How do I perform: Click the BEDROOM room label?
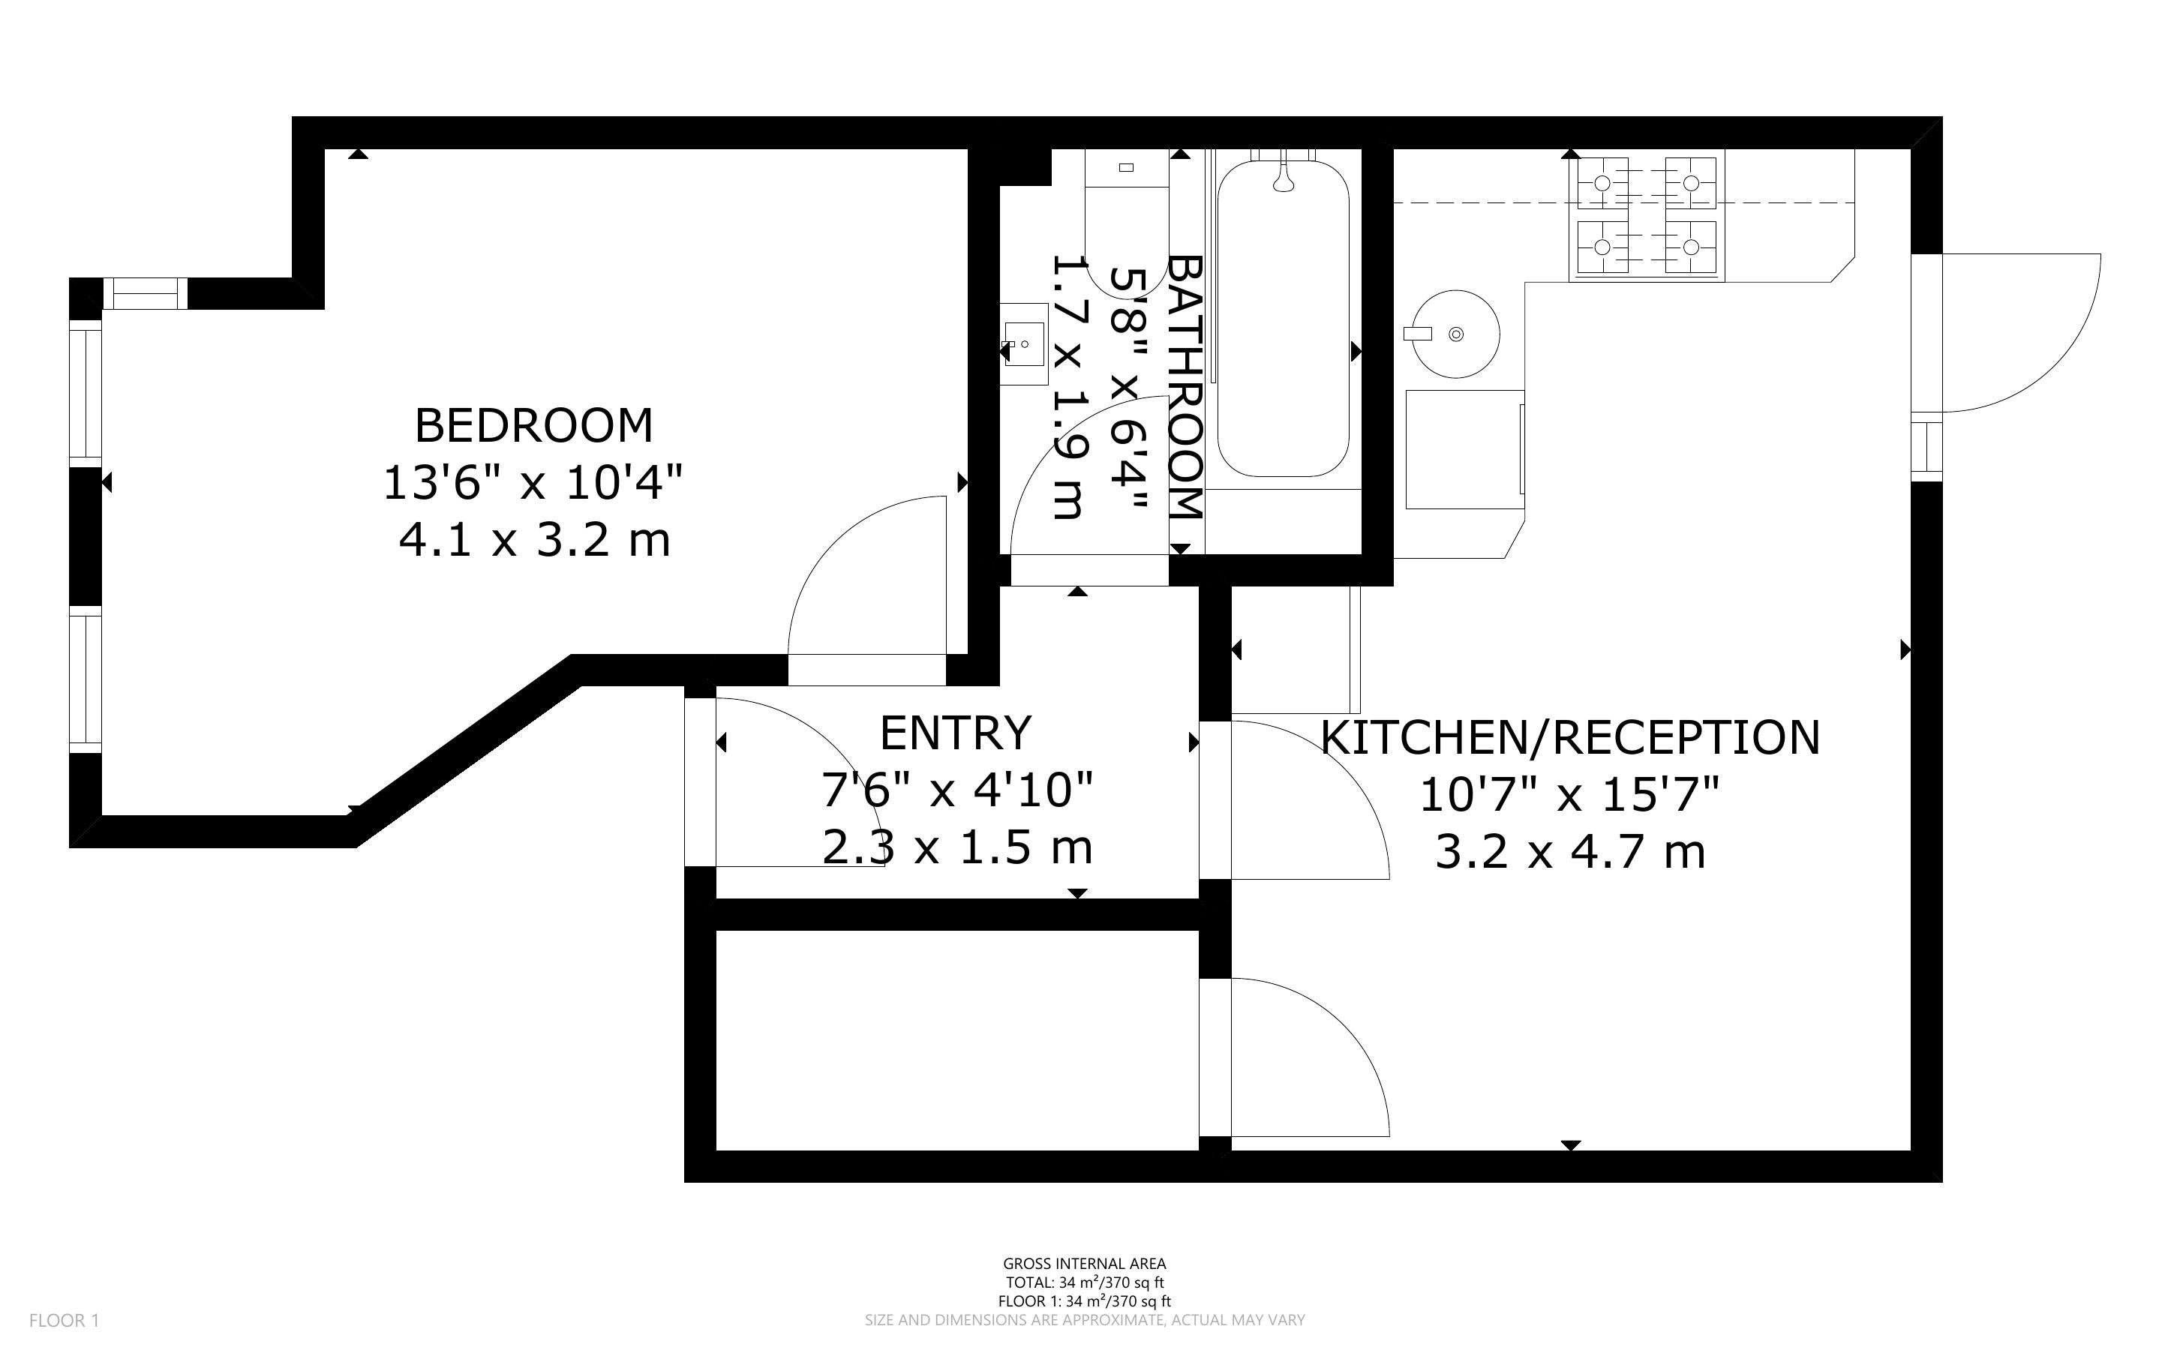click(x=533, y=425)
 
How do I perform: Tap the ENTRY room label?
click(x=956, y=733)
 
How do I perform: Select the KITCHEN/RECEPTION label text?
click(x=1570, y=737)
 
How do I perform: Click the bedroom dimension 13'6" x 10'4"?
click(x=533, y=482)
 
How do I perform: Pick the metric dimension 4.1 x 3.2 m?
click(x=534, y=540)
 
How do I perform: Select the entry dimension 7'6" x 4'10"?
click(x=956, y=790)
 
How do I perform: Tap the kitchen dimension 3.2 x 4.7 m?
click(x=1570, y=851)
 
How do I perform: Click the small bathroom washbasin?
click(x=1023, y=344)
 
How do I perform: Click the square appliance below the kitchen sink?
click(x=1464, y=449)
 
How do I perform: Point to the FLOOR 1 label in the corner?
click(x=64, y=1320)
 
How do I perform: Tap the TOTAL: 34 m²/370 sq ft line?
click(x=1084, y=1282)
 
